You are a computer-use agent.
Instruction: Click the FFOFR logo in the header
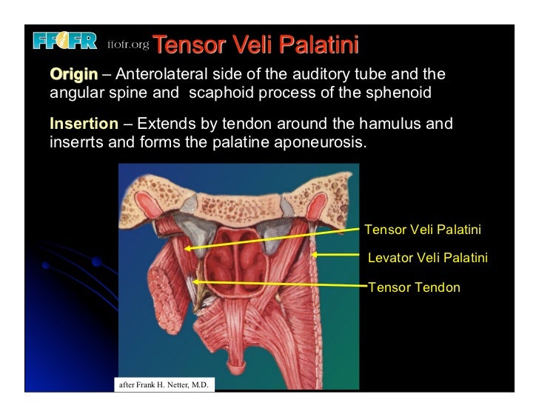pos(64,42)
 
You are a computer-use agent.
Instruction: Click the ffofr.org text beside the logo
pos(129,46)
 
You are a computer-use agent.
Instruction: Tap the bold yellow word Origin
pos(73,75)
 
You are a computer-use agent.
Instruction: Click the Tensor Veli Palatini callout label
pos(423,230)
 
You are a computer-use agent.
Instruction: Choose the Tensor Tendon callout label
pos(414,287)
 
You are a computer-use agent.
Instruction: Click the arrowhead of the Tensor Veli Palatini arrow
pos(187,249)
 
